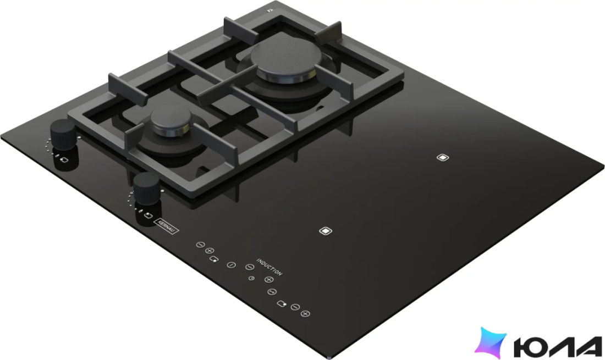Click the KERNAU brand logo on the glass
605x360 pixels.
click(x=166, y=226)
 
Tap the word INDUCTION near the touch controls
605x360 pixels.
click(x=269, y=267)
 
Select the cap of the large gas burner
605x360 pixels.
click(x=286, y=61)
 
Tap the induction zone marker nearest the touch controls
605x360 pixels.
click(x=326, y=231)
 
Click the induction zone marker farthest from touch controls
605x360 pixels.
click(x=443, y=157)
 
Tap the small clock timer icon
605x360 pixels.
click(x=251, y=278)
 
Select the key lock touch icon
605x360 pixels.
click(x=272, y=292)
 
